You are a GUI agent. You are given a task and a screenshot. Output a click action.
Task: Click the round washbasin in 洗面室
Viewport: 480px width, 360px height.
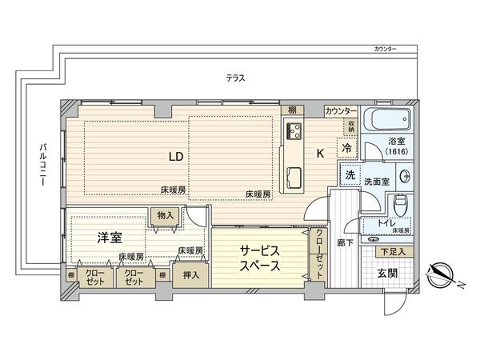click(x=405, y=177)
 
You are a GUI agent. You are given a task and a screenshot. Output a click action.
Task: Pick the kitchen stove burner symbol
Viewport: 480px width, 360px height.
click(x=292, y=131)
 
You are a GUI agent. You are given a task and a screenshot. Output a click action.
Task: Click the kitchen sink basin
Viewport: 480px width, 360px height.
click(x=293, y=176)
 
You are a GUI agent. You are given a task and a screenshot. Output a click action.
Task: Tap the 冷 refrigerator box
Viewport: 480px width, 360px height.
click(x=347, y=149)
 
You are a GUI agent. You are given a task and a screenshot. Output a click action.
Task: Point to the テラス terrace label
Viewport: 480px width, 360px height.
click(x=234, y=78)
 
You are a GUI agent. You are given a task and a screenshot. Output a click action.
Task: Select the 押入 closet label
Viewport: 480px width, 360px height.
click(x=190, y=274)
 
